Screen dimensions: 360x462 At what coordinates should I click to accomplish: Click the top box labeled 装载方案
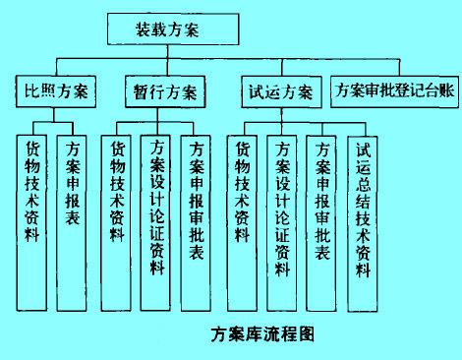pos(166,30)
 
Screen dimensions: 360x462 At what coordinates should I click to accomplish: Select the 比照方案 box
pos(56,93)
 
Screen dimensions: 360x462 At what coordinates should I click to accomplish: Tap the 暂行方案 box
pos(164,93)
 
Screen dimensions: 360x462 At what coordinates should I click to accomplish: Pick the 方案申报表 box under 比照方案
pos(72,186)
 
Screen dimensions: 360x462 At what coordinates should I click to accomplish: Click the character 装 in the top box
pos(142,30)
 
